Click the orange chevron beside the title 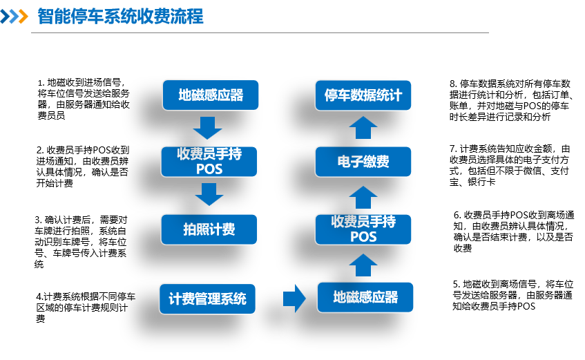point(23,17)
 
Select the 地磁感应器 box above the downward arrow point(211,95)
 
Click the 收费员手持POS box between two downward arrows point(209,161)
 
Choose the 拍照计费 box point(209,229)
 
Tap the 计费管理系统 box point(207,299)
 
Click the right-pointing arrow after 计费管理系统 point(294,299)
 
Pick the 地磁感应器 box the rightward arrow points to point(365,297)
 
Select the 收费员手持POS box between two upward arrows point(363,229)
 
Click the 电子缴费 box point(363,162)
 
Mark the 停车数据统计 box point(363,95)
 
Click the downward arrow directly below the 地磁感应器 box point(207,128)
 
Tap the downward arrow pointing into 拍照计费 point(209,194)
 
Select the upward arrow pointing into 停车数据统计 point(363,128)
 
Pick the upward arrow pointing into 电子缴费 point(363,197)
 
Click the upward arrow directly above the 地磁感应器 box point(363,265)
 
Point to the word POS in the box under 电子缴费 point(363,237)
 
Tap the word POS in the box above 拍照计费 point(209,169)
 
